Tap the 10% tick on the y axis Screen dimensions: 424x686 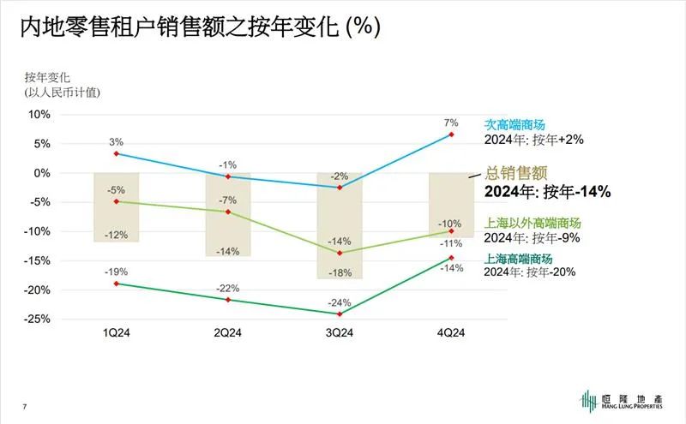pyautogui.click(x=40, y=114)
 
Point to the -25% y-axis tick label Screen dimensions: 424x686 pyautogui.click(x=38, y=319)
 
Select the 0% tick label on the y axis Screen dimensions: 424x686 pyautogui.click(x=43, y=172)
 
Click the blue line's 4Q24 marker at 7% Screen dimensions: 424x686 pyautogui.click(x=451, y=134)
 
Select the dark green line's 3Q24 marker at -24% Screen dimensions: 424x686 pyautogui.click(x=340, y=314)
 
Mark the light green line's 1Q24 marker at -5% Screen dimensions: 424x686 pyautogui.click(x=117, y=201)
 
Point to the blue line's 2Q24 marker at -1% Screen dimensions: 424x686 pyautogui.click(x=228, y=176)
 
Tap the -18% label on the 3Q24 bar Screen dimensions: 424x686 pyautogui.click(x=340, y=272)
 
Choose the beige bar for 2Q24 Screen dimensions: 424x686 pyautogui.click(x=228, y=214)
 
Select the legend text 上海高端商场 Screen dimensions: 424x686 pyautogui.click(x=519, y=259)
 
